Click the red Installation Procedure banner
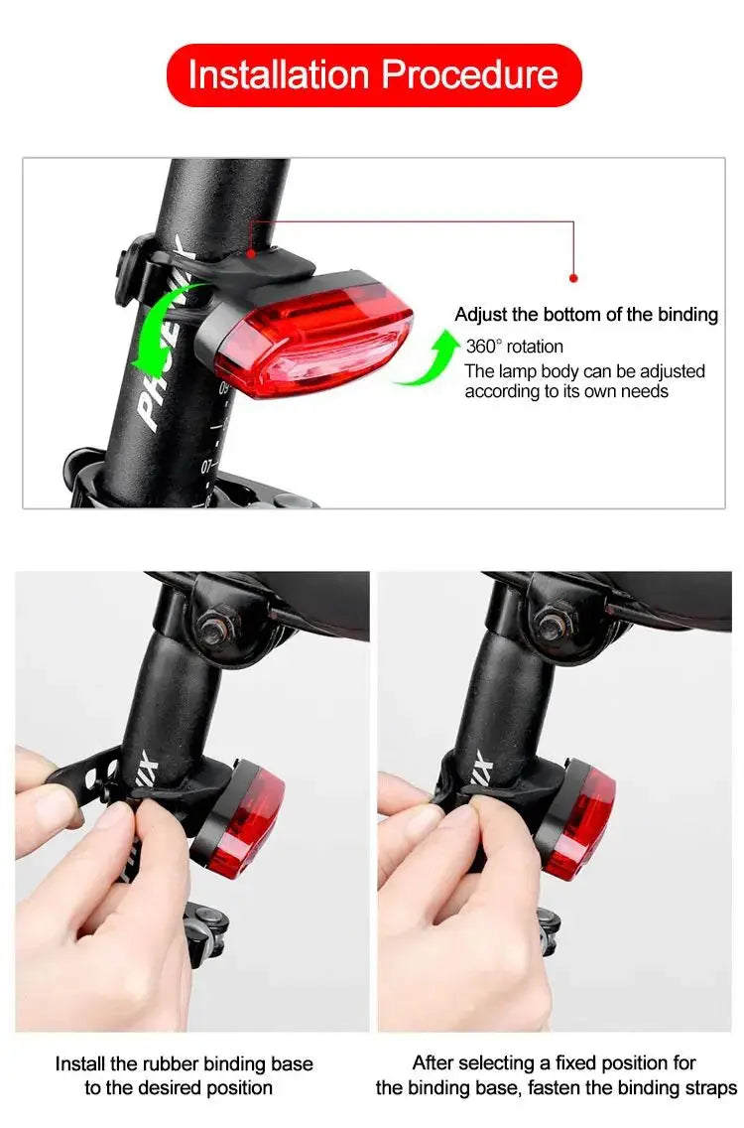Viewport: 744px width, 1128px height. click(373, 75)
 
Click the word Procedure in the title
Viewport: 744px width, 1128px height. click(469, 75)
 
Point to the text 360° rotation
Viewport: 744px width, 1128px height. click(514, 347)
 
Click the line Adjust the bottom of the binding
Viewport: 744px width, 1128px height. click(585, 315)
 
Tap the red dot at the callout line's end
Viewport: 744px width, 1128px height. click(573, 279)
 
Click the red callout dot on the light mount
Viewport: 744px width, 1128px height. click(251, 253)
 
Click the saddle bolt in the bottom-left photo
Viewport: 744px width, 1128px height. click(213, 628)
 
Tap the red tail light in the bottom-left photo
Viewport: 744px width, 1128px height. click(246, 816)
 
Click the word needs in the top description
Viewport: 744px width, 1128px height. click(646, 391)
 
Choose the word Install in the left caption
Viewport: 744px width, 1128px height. click(79, 1063)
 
